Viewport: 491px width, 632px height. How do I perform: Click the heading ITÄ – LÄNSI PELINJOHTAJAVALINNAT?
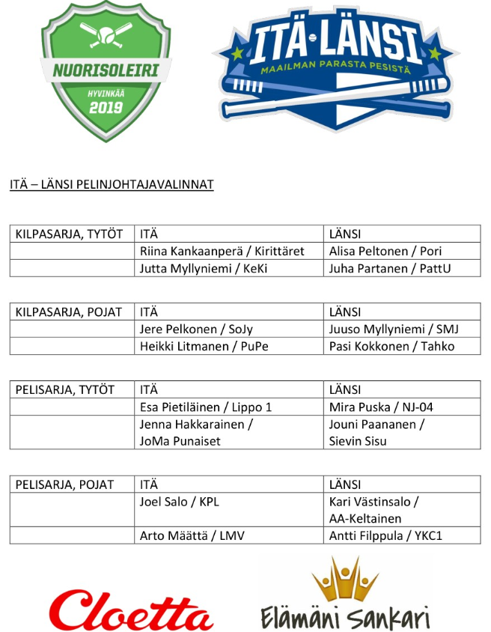(112, 184)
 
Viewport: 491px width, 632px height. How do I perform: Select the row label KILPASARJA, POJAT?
(69, 312)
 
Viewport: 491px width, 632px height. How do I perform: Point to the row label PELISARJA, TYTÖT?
(65, 389)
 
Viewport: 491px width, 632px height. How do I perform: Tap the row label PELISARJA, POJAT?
(65, 484)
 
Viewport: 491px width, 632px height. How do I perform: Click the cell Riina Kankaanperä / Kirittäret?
(222, 251)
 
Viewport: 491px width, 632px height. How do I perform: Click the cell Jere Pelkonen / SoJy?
(196, 329)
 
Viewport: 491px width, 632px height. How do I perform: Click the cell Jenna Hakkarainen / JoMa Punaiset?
(196, 432)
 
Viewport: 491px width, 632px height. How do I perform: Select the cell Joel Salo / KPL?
(180, 502)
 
